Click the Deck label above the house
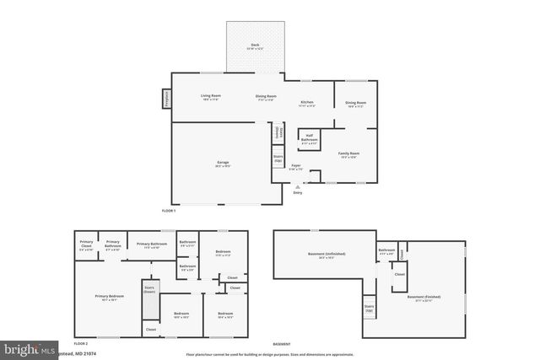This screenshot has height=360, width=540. click(x=254, y=46)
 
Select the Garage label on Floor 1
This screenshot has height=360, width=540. click(x=223, y=165)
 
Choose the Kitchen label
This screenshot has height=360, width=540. click(x=307, y=105)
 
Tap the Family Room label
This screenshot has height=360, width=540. click(x=348, y=155)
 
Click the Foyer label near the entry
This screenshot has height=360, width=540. click(x=296, y=167)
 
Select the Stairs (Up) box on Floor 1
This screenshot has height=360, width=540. click(x=278, y=158)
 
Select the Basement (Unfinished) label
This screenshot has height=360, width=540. click(x=326, y=254)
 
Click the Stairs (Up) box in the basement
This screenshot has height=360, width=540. click(x=369, y=308)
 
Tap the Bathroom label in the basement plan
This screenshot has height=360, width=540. click(x=386, y=251)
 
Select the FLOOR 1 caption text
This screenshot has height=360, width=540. click(x=169, y=210)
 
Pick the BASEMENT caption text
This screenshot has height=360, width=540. click(x=282, y=344)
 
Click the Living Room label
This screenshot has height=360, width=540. click(x=210, y=97)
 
